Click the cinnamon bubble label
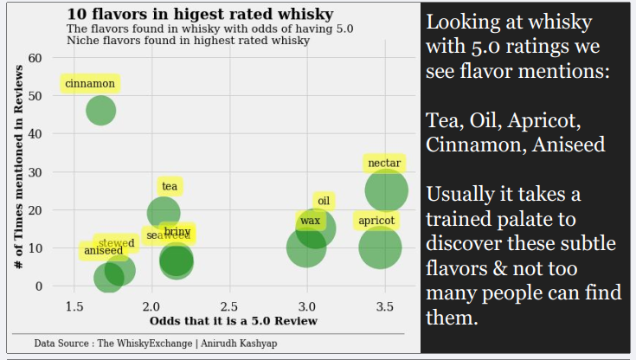90,84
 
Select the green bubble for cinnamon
101,111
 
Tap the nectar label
384,164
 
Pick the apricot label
376,221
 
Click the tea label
170,186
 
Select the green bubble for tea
164,212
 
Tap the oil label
324,201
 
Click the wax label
310,222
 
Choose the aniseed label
103,251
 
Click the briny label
177,232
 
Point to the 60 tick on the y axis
35,58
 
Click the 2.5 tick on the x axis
229,307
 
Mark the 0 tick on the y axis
39,286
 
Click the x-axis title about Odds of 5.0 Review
234,321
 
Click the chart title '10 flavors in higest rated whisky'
199,15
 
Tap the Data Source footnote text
156,344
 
